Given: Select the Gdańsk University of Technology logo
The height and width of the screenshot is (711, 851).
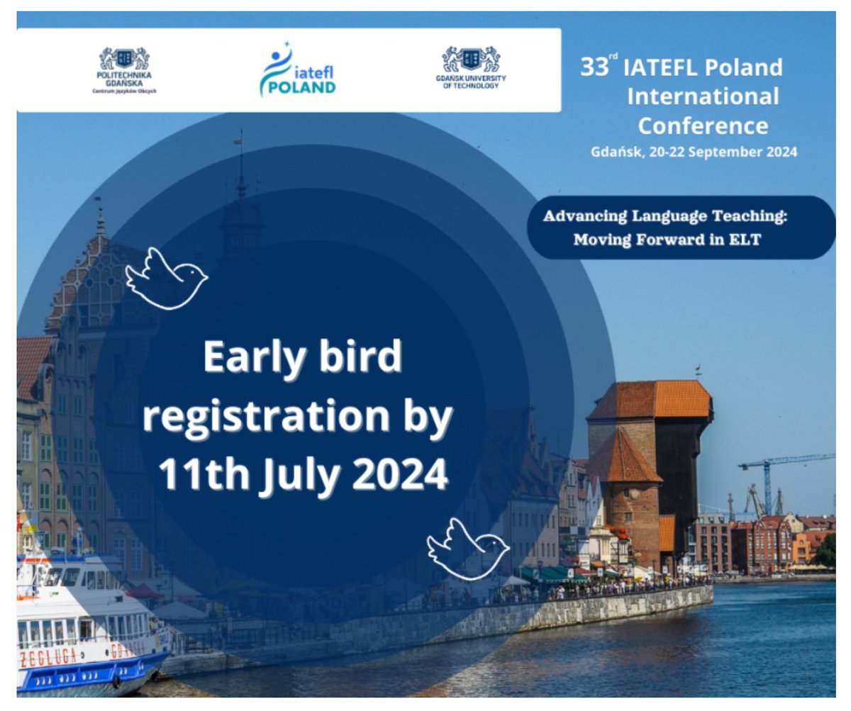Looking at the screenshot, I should [x=471, y=67].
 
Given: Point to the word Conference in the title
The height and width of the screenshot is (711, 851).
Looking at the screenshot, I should [x=702, y=125].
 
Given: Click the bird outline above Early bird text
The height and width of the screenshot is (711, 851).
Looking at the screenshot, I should [x=166, y=278].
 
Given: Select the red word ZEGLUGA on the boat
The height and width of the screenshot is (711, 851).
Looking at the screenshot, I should [x=48, y=657].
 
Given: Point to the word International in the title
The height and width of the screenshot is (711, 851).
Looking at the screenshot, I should [x=702, y=96].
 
